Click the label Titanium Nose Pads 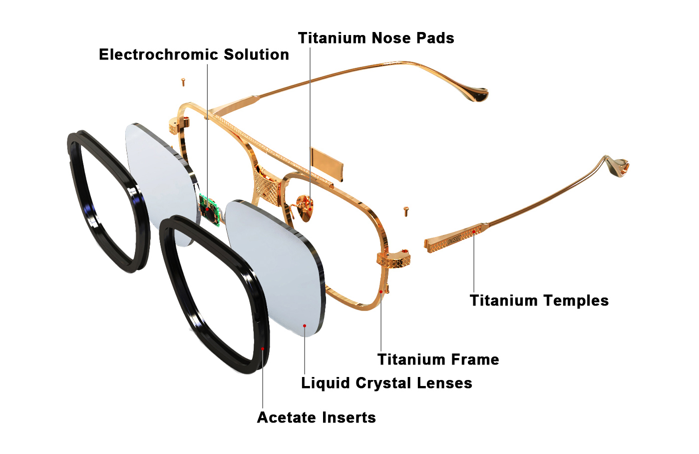[376, 38]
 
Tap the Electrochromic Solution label [194, 54]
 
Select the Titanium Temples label [539, 300]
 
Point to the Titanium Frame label [438, 359]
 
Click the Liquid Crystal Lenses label [386, 383]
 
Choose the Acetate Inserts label [316, 417]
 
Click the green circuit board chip [210, 208]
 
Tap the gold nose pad [305, 207]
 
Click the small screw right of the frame [406, 211]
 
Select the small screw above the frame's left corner [183, 81]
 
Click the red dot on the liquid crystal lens [305, 326]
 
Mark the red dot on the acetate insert [263, 348]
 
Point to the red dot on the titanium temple [474, 231]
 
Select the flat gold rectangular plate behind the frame [327, 162]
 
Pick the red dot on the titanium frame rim [381, 291]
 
